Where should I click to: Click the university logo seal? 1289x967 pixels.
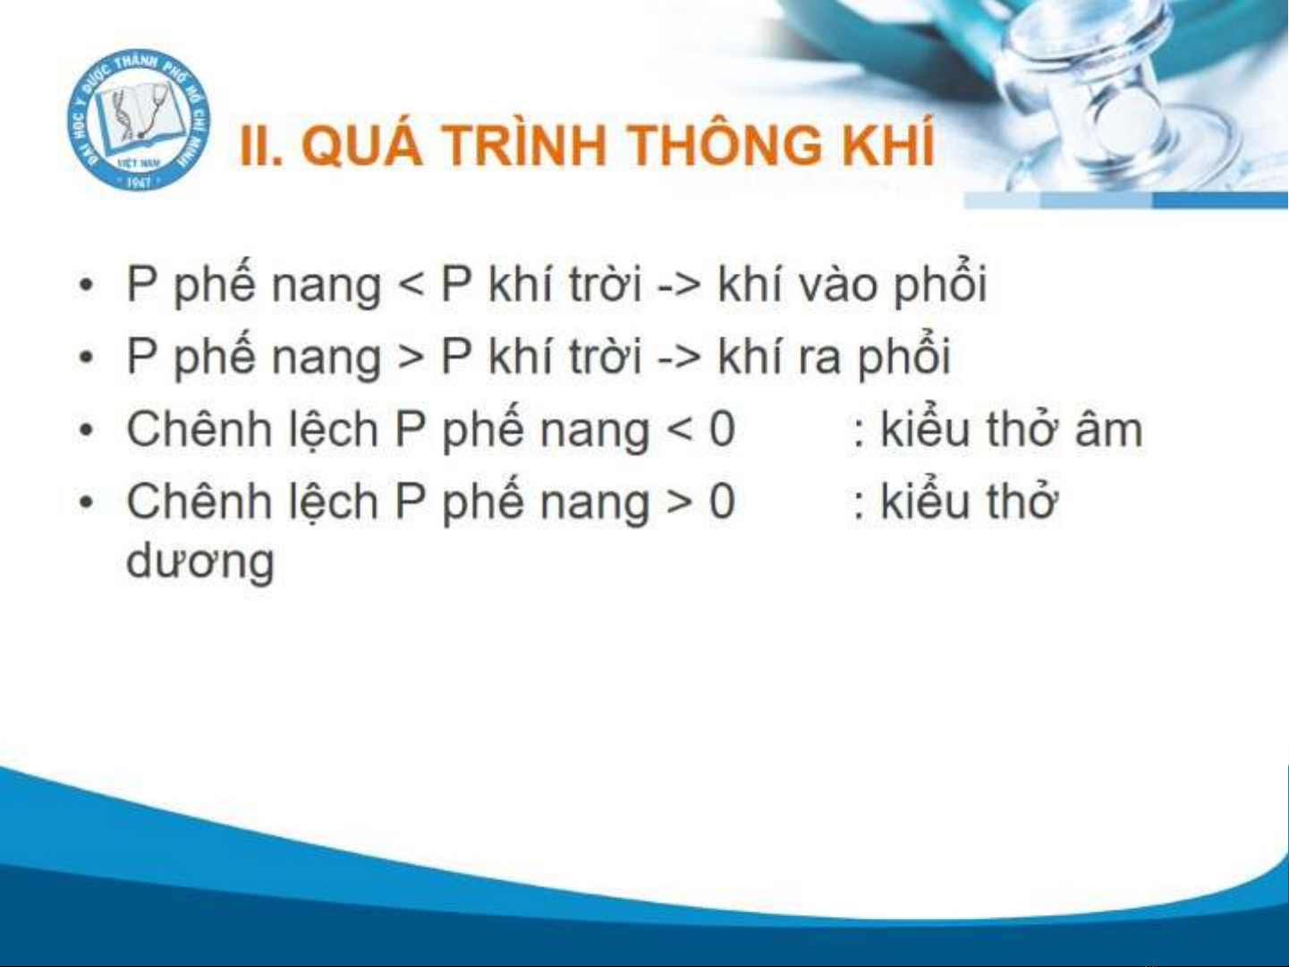(x=139, y=120)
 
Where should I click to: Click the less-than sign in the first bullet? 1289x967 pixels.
(x=411, y=285)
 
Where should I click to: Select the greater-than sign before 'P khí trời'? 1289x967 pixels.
(x=411, y=358)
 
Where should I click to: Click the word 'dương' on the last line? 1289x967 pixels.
(x=200, y=560)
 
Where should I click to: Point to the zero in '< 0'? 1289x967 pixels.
(x=722, y=429)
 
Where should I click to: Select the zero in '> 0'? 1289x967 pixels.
(x=722, y=501)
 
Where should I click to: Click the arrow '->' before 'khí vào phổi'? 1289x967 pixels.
(x=679, y=286)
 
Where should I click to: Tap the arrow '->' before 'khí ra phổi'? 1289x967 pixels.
(x=679, y=358)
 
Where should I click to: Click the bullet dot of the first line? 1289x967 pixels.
(x=87, y=285)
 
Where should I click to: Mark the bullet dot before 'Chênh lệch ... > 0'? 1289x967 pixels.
(x=87, y=502)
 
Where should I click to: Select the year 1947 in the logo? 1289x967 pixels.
(x=138, y=182)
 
